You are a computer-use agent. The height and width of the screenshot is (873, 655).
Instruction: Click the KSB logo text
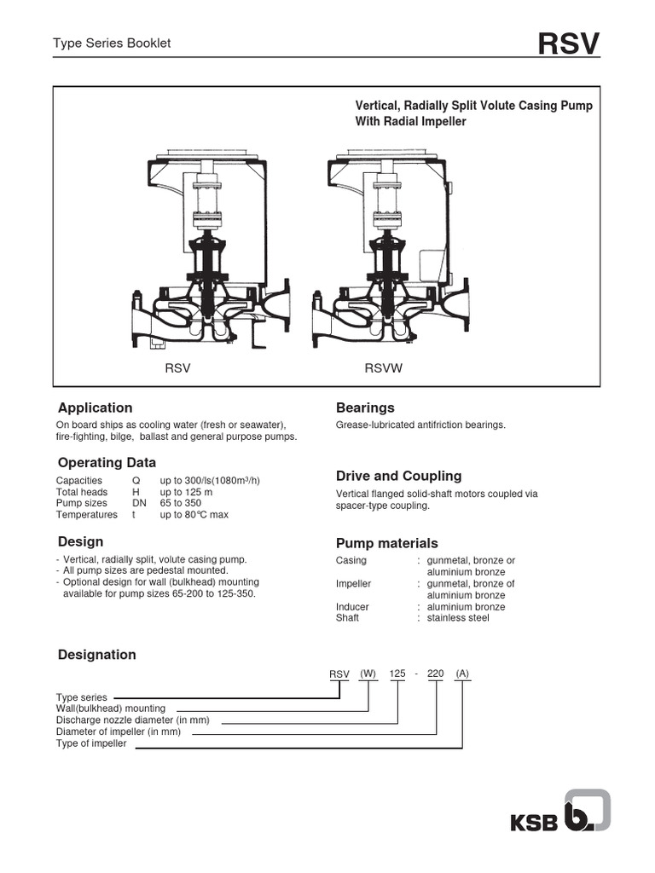(x=535, y=823)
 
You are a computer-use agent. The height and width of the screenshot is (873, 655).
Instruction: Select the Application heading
(x=95, y=408)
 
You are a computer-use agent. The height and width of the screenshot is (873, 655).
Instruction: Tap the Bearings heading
(x=365, y=408)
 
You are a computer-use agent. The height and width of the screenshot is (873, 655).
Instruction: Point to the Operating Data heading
(x=107, y=463)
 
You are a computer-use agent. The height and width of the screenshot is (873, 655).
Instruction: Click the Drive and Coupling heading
(x=398, y=476)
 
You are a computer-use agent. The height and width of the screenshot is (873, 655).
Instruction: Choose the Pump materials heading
(x=387, y=543)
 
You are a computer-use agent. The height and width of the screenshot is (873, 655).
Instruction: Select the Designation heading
(x=96, y=655)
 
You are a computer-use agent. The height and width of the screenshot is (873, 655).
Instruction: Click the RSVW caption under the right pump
(x=383, y=369)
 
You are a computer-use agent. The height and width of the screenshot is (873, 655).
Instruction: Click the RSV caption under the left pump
(x=177, y=369)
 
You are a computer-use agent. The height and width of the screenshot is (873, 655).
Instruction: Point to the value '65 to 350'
(x=182, y=503)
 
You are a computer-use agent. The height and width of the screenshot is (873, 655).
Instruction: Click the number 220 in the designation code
(x=435, y=674)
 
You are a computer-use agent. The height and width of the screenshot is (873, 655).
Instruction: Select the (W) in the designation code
(x=368, y=674)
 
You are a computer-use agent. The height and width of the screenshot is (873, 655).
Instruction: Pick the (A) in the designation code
(x=462, y=674)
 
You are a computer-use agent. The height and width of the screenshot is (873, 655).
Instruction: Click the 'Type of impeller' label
(x=91, y=743)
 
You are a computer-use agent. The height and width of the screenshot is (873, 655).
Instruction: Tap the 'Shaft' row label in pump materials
(x=347, y=618)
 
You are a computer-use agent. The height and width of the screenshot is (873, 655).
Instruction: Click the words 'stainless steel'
(x=458, y=618)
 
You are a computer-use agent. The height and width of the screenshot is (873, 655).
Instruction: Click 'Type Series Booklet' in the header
(x=112, y=43)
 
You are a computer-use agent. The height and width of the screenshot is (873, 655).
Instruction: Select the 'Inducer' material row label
(x=352, y=607)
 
